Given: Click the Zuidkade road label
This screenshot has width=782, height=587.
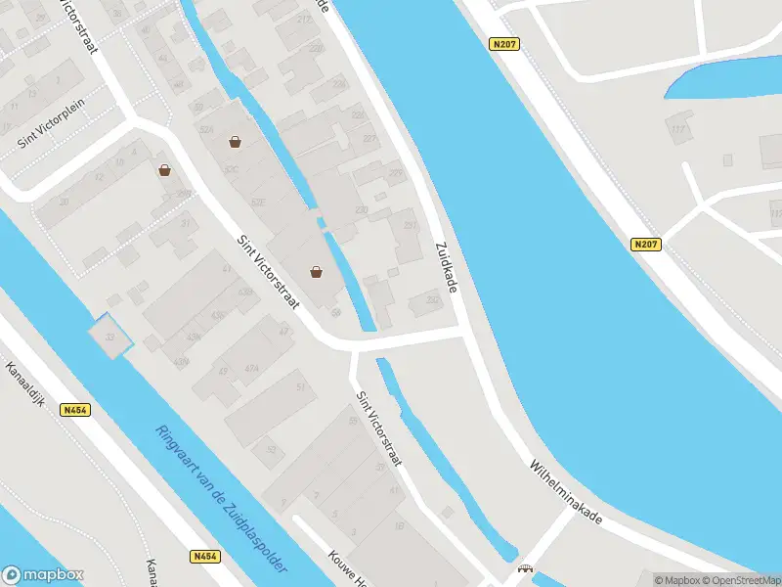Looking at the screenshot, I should click(447, 266).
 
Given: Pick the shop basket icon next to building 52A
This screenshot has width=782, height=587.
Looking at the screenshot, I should click(235, 142).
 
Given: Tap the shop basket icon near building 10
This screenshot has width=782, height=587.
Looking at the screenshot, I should click(164, 170).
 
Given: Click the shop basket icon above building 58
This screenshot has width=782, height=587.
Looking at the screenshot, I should click(317, 272).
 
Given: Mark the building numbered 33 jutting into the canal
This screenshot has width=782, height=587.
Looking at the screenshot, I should click(109, 338).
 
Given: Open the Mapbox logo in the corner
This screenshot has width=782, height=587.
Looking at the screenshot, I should click(43, 575).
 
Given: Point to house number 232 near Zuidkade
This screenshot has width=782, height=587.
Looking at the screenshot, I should click(432, 300).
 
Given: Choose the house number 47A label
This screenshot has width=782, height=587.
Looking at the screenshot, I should click(251, 368).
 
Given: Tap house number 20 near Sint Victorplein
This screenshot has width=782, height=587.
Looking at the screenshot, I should click(65, 202).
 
